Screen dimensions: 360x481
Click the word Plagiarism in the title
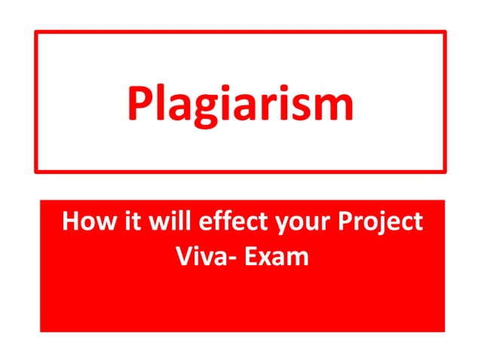pyautogui.click(x=240, y=102)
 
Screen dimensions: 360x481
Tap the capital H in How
pyautogui.click(x=71, y=223)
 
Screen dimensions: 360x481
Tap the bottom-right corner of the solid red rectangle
pyautogui.click(x=444, y=331)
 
